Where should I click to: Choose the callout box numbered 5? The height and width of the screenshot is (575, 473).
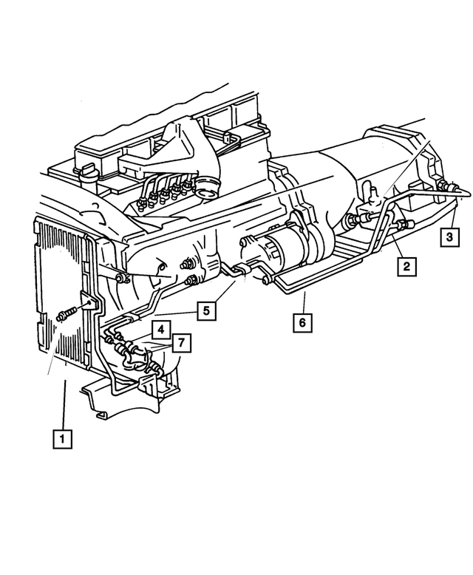(x=208, y=311)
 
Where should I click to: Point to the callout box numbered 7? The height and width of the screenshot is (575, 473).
(x=180, y=342)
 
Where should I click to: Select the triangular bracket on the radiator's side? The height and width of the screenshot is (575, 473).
(x=89, y=303)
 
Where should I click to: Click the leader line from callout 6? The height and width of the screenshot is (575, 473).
(x=304, y=302)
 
